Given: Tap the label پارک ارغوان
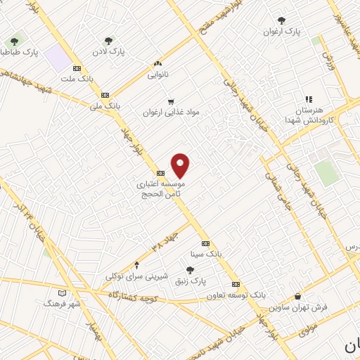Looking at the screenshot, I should click(x=282, y=32).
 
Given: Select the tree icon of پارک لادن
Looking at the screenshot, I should click(x=108, y=41).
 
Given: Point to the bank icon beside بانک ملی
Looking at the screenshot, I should click(x=105, y=95).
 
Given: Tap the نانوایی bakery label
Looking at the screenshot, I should click(x=157, y=72).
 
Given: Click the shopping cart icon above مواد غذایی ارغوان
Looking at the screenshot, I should click(x=170, y=101).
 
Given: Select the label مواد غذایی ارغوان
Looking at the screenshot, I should click(x=167, y=112).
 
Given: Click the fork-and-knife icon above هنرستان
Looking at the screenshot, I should click(x=308, y=99).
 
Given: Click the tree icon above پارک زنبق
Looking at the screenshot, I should click(x=190, y=270).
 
